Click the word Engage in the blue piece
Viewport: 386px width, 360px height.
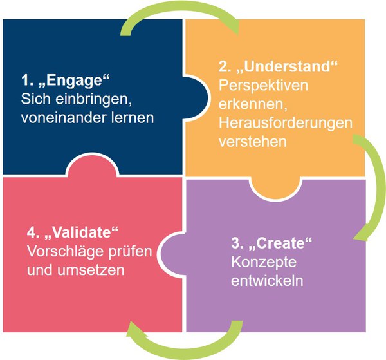pyautogui.click(x=74, y=81)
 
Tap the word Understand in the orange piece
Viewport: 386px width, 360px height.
pyautogui.click(x=287, y=66)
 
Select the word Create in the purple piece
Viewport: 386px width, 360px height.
pyautogui.click(x=280, y=243)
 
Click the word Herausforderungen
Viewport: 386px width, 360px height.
pyautogui.click(x=286, y=123)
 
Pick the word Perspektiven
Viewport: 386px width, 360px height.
pyautogui.click(x=263, y=86)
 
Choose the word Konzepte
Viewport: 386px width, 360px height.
pyautogui.click(x=264, y=262)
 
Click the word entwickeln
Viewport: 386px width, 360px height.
pyautogui.click(x=267, y=281)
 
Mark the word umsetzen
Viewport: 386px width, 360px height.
pyautogui.click(x=91, y=270)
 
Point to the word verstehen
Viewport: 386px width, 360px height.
pyautogui.click(x=253, y=142)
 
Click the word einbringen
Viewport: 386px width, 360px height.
pyautogui.click(x=93, y=99)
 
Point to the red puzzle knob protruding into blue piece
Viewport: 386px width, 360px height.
pyautogui.click(x=92, y=165)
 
